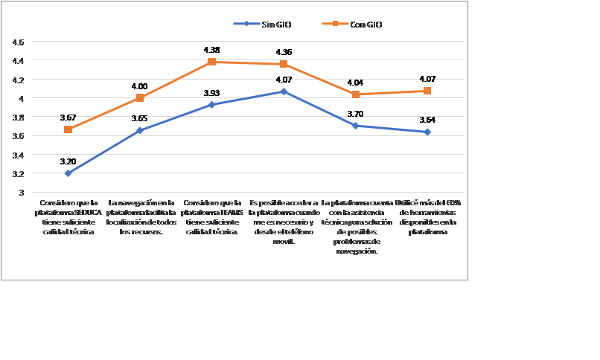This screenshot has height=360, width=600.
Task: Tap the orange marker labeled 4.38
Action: [x=211, y=62]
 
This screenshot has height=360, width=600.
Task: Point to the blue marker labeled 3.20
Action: [x=68, y=173]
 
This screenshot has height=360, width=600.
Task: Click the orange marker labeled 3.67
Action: [x=68, y=129]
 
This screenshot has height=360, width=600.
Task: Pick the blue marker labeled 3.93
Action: [x=211, y=105]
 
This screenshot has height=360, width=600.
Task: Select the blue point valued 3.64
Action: [x=427, y=132]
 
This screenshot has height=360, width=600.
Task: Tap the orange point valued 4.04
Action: [x=356, y=94]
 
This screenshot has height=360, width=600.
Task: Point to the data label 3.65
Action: [x=139, y=118]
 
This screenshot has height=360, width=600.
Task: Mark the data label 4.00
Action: [x=139, y=86]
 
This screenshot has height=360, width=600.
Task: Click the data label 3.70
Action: [x=355, y=114]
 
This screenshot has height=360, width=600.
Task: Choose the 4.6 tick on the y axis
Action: [x=19, y=42]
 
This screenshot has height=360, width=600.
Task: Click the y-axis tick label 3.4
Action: [x=19, y=155]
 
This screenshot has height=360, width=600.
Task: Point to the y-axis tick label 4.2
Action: [x=19, y=80]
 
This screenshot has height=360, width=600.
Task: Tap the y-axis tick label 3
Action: [x=21, y=193]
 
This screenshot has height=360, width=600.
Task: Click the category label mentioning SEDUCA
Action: [x=68, y=216]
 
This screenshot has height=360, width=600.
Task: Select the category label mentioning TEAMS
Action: [x=211, y=216]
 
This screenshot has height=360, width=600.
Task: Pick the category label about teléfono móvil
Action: [x=284, y=222]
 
